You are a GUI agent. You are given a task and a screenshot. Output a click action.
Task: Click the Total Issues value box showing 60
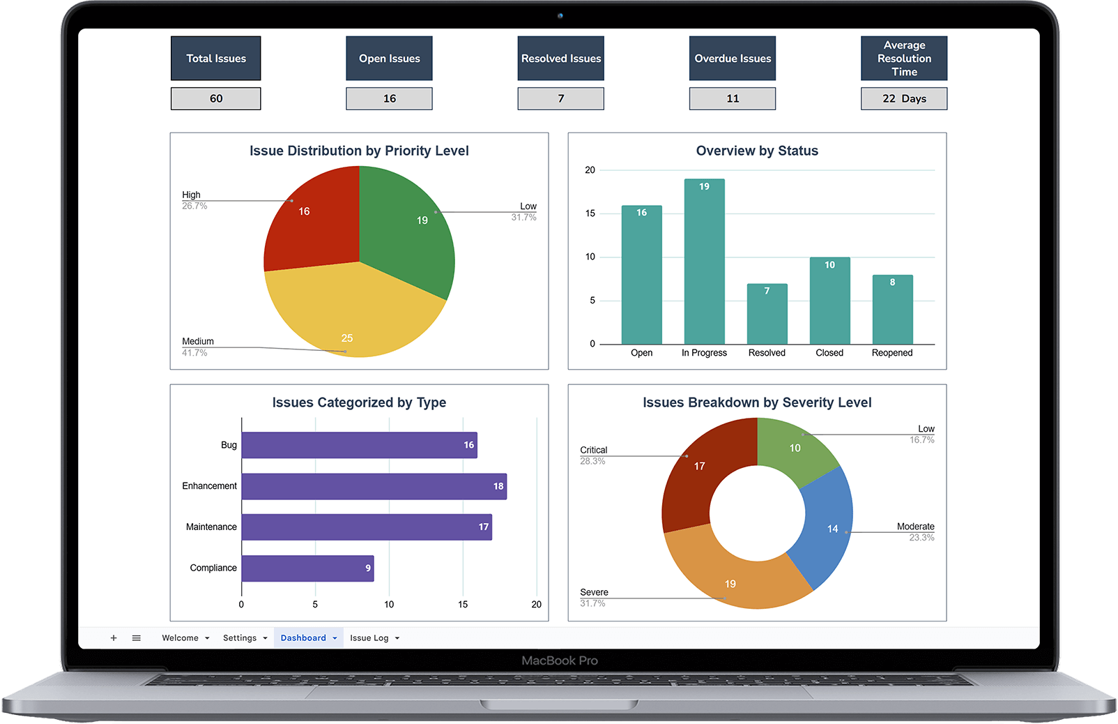pyautogui.click(x=215, y=98)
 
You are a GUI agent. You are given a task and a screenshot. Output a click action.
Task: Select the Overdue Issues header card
pyautogui.click(x=732, y=59)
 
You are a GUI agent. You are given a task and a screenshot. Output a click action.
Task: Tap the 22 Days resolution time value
pyautogui.click(x=903, y=98)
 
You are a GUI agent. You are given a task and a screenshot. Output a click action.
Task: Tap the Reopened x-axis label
pyautogui.click(x=891, y=353)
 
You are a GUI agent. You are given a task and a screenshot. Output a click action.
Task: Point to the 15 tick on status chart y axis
pyautogui.click(x=590, y=213)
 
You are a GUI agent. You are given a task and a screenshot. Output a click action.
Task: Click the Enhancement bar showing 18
pyautogui.click(x=374, y=486)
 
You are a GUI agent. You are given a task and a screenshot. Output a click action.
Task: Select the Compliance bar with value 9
pyautogui.click(x=307, y=568)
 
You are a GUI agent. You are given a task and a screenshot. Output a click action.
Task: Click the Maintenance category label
pyautogui.click(x=211, y=527)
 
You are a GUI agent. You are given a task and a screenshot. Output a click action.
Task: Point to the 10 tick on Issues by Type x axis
pyautogui.click(x=389, y=605)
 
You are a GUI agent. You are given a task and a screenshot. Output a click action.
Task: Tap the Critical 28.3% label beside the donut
pyautogui.click(x=593, y=455)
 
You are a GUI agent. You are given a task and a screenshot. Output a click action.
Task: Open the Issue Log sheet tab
pyautogui.click(x=369, y=638)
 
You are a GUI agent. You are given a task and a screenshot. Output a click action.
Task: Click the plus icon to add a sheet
pyautogui.click(x=114, y=638)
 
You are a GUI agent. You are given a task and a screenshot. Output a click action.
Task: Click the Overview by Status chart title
pyautogui.click(x=757, y=151)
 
